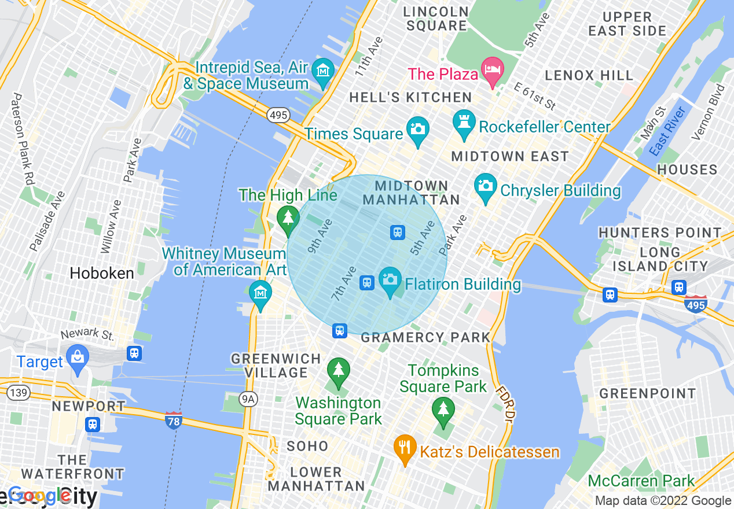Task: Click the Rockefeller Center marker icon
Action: coord(464,124)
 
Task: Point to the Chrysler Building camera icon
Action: coord(486,186)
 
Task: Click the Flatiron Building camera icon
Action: coord(390,280)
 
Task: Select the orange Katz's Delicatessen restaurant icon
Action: coord(405,447)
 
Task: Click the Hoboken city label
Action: coord(102,273)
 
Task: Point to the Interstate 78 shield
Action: coord(174,419)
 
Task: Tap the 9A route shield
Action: coord(248,399)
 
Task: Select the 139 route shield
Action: coord(19,393)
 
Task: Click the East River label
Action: coord(667,131)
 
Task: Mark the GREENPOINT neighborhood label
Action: coord(647,394)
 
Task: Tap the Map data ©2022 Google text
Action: coord(663,501)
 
